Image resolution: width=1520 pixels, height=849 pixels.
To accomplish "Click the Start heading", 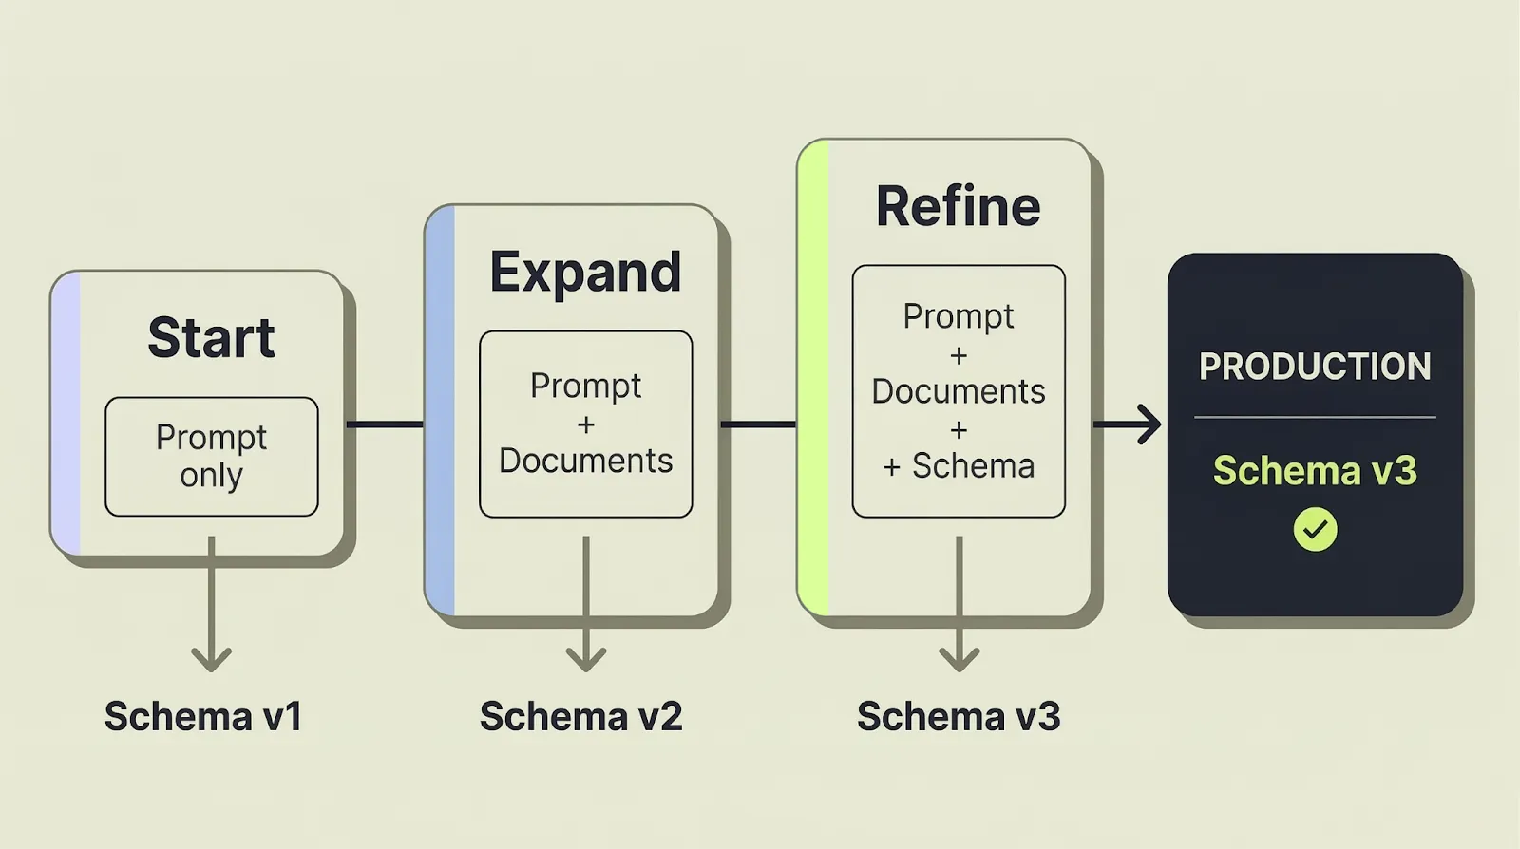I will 211,337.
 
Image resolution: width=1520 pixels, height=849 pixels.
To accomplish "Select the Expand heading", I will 585,273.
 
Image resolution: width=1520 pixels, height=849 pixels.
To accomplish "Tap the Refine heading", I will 958,207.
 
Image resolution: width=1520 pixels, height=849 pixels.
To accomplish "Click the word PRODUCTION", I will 1315,367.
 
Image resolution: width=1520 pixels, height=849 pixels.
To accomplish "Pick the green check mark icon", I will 1315,529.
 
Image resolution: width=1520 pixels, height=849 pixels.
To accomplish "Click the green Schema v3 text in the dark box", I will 1315,471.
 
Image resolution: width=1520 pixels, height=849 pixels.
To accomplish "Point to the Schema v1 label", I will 203,717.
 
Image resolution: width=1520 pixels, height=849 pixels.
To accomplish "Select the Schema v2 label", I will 580,717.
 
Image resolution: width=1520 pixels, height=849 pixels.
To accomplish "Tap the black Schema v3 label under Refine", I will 958,717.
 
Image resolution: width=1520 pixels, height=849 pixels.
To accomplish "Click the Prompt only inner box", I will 211,457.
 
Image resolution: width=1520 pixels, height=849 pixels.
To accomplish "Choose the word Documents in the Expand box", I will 585,461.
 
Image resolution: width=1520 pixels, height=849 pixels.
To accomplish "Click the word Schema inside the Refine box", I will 973,466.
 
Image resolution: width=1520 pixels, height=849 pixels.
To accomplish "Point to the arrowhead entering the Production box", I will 1149,424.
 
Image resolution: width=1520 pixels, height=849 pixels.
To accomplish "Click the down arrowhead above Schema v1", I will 211,657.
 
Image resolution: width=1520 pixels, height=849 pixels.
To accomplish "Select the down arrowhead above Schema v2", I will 585,657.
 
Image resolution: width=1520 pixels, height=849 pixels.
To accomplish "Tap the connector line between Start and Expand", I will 385,424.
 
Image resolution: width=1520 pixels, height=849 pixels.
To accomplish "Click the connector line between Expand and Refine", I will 758,424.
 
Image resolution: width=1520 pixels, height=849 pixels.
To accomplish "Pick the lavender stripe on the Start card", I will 66,413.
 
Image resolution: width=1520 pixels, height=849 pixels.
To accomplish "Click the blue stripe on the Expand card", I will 441,410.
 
